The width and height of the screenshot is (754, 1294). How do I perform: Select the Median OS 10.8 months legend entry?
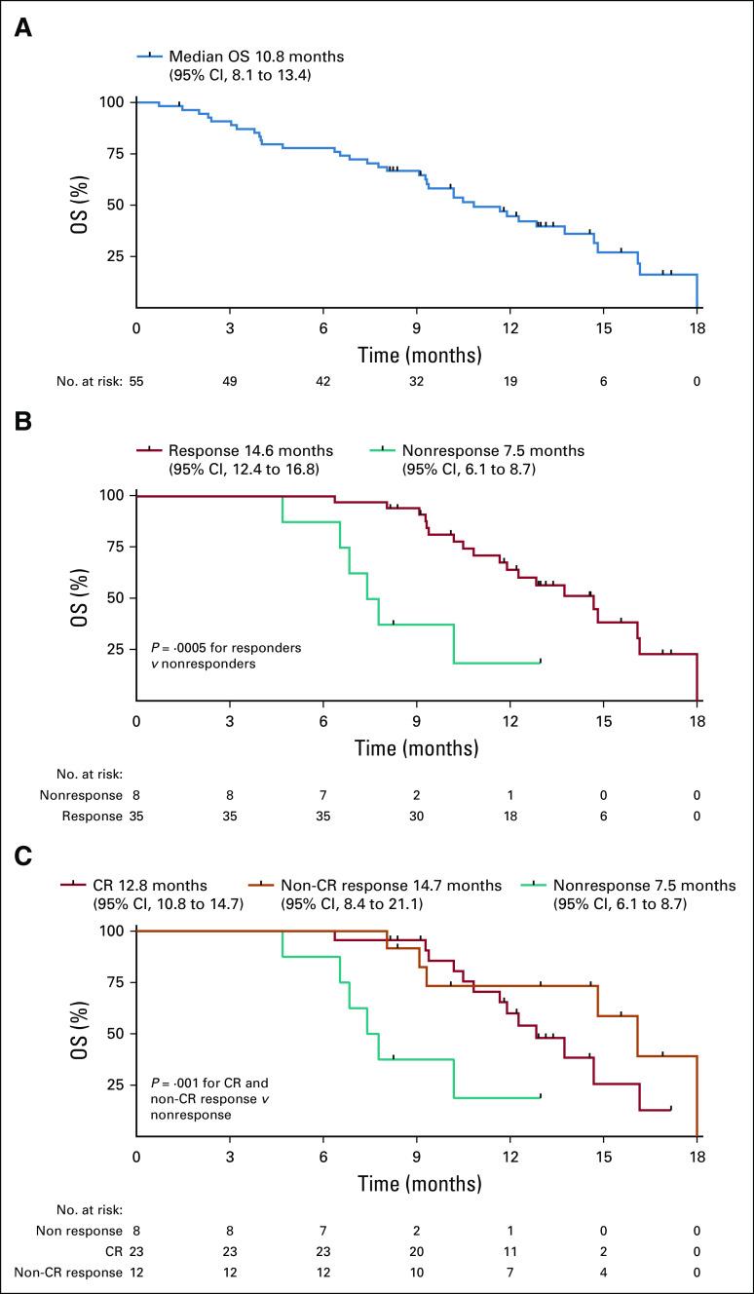(255, 57)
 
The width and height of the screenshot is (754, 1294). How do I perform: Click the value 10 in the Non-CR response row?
(417, 1273)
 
